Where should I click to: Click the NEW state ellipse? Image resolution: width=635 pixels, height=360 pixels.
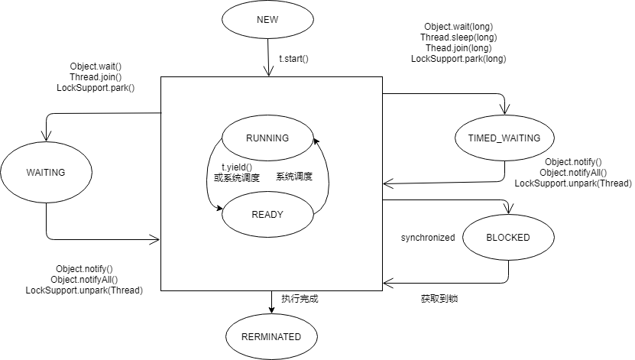pos(268,20)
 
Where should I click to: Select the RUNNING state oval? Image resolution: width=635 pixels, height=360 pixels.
pos(267,138)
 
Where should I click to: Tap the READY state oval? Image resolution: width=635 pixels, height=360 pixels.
pos(267,214)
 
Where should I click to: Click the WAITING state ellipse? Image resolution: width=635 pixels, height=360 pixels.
pos(46,173)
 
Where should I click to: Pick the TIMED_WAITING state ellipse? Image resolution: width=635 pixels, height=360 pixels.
pos(504,138)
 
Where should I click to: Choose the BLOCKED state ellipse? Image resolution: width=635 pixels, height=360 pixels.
pos(508,238)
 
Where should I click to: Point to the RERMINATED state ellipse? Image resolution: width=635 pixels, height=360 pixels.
pos(271,336)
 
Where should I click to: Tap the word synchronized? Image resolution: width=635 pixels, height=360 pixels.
pos(428,238)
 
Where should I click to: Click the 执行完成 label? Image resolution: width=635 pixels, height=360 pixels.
pos(300,299)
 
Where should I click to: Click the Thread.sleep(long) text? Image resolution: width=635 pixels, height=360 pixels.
pos(458,37)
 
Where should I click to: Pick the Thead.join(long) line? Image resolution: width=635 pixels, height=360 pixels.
pos(458,47)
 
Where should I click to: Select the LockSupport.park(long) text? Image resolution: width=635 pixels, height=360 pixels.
pos(464,58)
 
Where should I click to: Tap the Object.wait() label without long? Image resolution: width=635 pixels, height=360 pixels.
pos(96,66)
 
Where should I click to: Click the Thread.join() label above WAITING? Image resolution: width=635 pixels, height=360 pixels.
pos(96,76)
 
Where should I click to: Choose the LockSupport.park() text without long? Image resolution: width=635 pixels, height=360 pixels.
pos(96,88)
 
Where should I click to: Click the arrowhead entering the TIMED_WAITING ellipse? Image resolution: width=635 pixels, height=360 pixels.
pos(504,112)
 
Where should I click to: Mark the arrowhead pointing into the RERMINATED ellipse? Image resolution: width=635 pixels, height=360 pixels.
pos(271,310)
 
